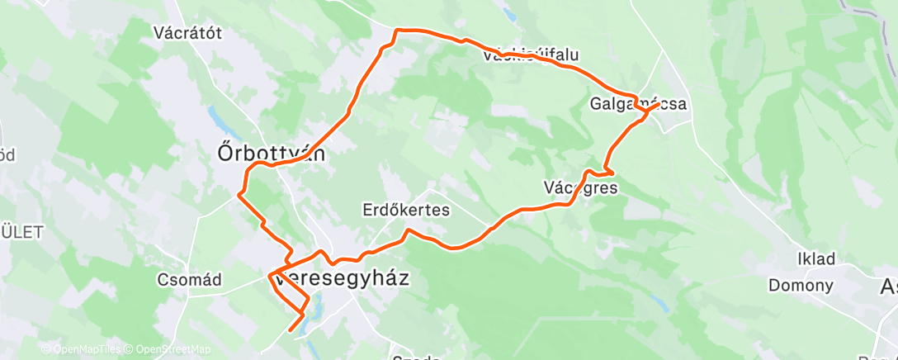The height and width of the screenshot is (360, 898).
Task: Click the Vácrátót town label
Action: (189, 33)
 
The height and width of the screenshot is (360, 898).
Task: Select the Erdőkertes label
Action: (406, 210)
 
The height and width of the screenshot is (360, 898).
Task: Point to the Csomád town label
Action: (189, 280)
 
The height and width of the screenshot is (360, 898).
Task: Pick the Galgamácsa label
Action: (638, 104)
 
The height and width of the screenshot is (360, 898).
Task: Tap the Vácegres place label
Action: (581, 187)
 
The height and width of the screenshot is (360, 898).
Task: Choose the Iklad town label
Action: (815, 258)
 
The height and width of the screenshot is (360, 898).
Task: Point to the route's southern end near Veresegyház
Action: (290, 330)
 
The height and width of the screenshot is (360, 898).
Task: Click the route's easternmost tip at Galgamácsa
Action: (658, 105)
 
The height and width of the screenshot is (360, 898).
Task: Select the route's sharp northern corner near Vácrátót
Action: (397, 31)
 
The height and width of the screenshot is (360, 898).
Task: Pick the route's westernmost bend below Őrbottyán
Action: (239, 195)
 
